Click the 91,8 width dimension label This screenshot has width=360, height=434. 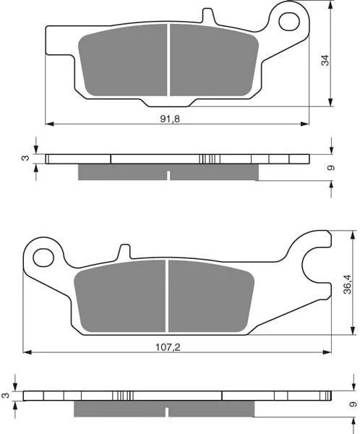[x=170, y=119]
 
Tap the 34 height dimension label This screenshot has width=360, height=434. [x=326, y=60]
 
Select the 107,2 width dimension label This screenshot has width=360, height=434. [x=168, y=347]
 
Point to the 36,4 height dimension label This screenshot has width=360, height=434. [x=347, y=284]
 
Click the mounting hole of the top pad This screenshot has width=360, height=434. [x=289, y=21]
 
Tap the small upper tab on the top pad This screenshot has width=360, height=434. [x=207, y=15]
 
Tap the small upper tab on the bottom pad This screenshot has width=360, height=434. [x=124, y=251]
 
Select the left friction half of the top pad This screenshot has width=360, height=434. [x=124, y=61]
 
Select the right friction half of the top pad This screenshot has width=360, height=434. [x=214, y=61]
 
